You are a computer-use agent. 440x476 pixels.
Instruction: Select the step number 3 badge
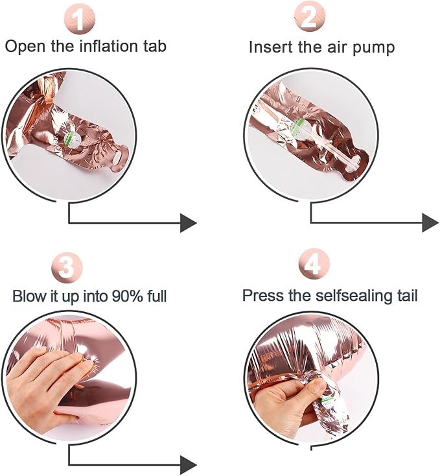click(x=67, y=268)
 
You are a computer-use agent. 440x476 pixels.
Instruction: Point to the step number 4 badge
click(x=314, y=265)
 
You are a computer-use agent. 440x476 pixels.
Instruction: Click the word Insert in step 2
click(x=270, y=47)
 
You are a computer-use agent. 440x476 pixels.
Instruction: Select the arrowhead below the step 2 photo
click(x=430, y=223)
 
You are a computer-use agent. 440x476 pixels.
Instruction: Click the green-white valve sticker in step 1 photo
click(x=73, y=140)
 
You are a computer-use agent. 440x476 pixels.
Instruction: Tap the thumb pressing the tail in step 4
click(x=316, y=386)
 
